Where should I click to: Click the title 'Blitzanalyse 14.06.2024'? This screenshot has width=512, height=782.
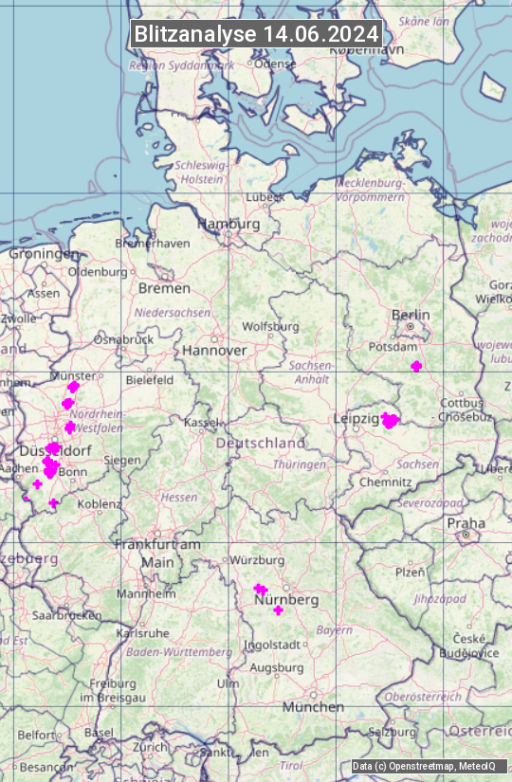256,34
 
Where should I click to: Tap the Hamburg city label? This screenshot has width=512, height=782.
229,224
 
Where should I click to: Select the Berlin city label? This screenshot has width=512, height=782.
411,315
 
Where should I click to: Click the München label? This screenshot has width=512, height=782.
312,707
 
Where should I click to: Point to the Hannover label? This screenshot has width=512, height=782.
214,350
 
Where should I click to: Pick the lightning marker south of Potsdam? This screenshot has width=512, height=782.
416,367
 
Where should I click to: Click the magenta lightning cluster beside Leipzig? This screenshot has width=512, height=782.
390,421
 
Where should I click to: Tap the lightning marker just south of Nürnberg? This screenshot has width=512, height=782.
278,610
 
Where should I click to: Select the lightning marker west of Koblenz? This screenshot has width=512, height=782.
54,503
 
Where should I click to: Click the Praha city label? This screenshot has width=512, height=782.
466,523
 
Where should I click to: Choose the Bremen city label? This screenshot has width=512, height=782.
164,288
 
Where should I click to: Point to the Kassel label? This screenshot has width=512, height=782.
202,421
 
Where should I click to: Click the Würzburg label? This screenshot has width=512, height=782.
257,560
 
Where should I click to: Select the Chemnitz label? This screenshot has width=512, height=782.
385,482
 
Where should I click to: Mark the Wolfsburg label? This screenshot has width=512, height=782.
270,327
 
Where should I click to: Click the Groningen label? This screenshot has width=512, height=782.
44,254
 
